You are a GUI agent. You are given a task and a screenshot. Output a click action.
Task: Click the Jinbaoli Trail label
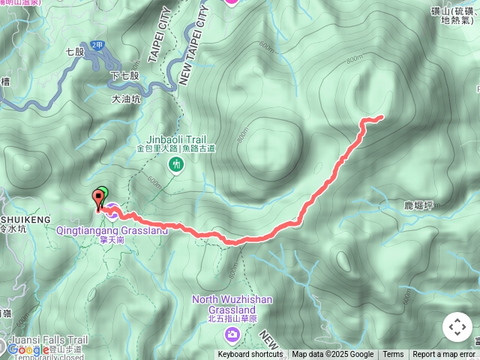pos(176,139)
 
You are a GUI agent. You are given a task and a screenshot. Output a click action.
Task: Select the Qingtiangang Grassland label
pos(112,230)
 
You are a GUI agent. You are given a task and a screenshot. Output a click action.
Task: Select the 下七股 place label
pos(124,76)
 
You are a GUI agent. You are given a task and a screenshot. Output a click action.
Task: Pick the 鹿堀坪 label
pos(418,205)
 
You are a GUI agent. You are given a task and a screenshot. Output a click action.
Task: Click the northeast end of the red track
pos(382,116)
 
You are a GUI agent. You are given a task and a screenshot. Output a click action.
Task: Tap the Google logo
pos(28,349)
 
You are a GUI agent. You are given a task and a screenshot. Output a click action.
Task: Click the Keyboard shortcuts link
pos(250,355)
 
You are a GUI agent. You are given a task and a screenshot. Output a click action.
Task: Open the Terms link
pos(393,355)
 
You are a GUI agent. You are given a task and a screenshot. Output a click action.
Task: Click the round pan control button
pos(457,327)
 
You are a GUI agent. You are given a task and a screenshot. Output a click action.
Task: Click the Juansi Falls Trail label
pos(45,340)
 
